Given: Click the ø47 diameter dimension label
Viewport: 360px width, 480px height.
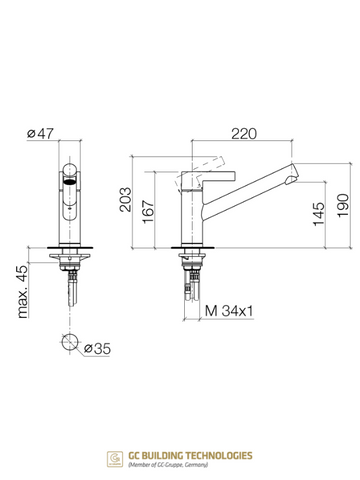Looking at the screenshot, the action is pos(40,134).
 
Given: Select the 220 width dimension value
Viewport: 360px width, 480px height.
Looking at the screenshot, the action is pos(244,134).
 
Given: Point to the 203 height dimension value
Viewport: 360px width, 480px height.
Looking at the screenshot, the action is pos(126,200).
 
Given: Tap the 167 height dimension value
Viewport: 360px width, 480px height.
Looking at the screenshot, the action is pos(148,212).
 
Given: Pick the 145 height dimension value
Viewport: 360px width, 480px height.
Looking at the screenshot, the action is pos(318,214).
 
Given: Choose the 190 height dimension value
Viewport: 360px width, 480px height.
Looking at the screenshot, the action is pos(343,206).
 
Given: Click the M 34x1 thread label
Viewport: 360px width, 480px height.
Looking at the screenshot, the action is pos(229,311).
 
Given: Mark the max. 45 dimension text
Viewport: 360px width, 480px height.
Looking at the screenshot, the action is pos(23,292).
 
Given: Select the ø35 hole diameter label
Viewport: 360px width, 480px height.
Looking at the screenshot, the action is pos(97,349).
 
